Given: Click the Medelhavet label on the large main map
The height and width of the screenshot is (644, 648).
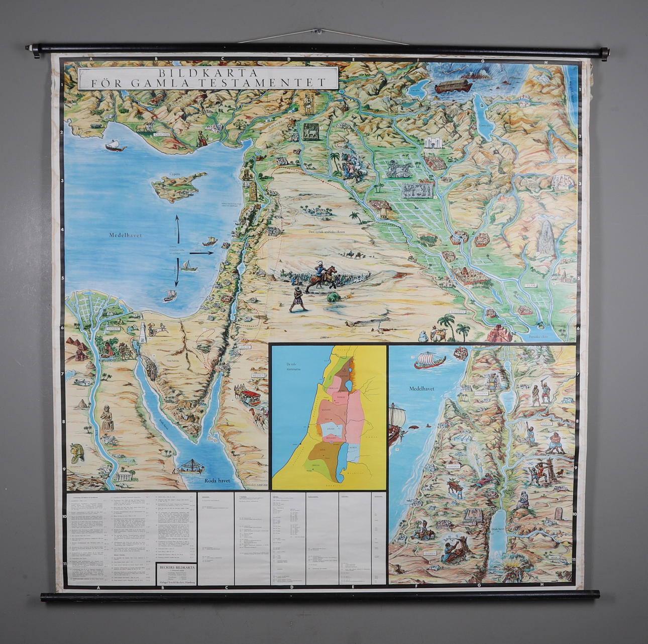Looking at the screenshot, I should click(125, 235).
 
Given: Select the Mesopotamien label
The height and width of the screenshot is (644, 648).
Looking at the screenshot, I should click(416, 199).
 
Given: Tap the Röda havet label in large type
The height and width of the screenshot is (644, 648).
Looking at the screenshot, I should click(217, 481).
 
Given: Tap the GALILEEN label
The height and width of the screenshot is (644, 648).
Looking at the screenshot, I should click(481, 393).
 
